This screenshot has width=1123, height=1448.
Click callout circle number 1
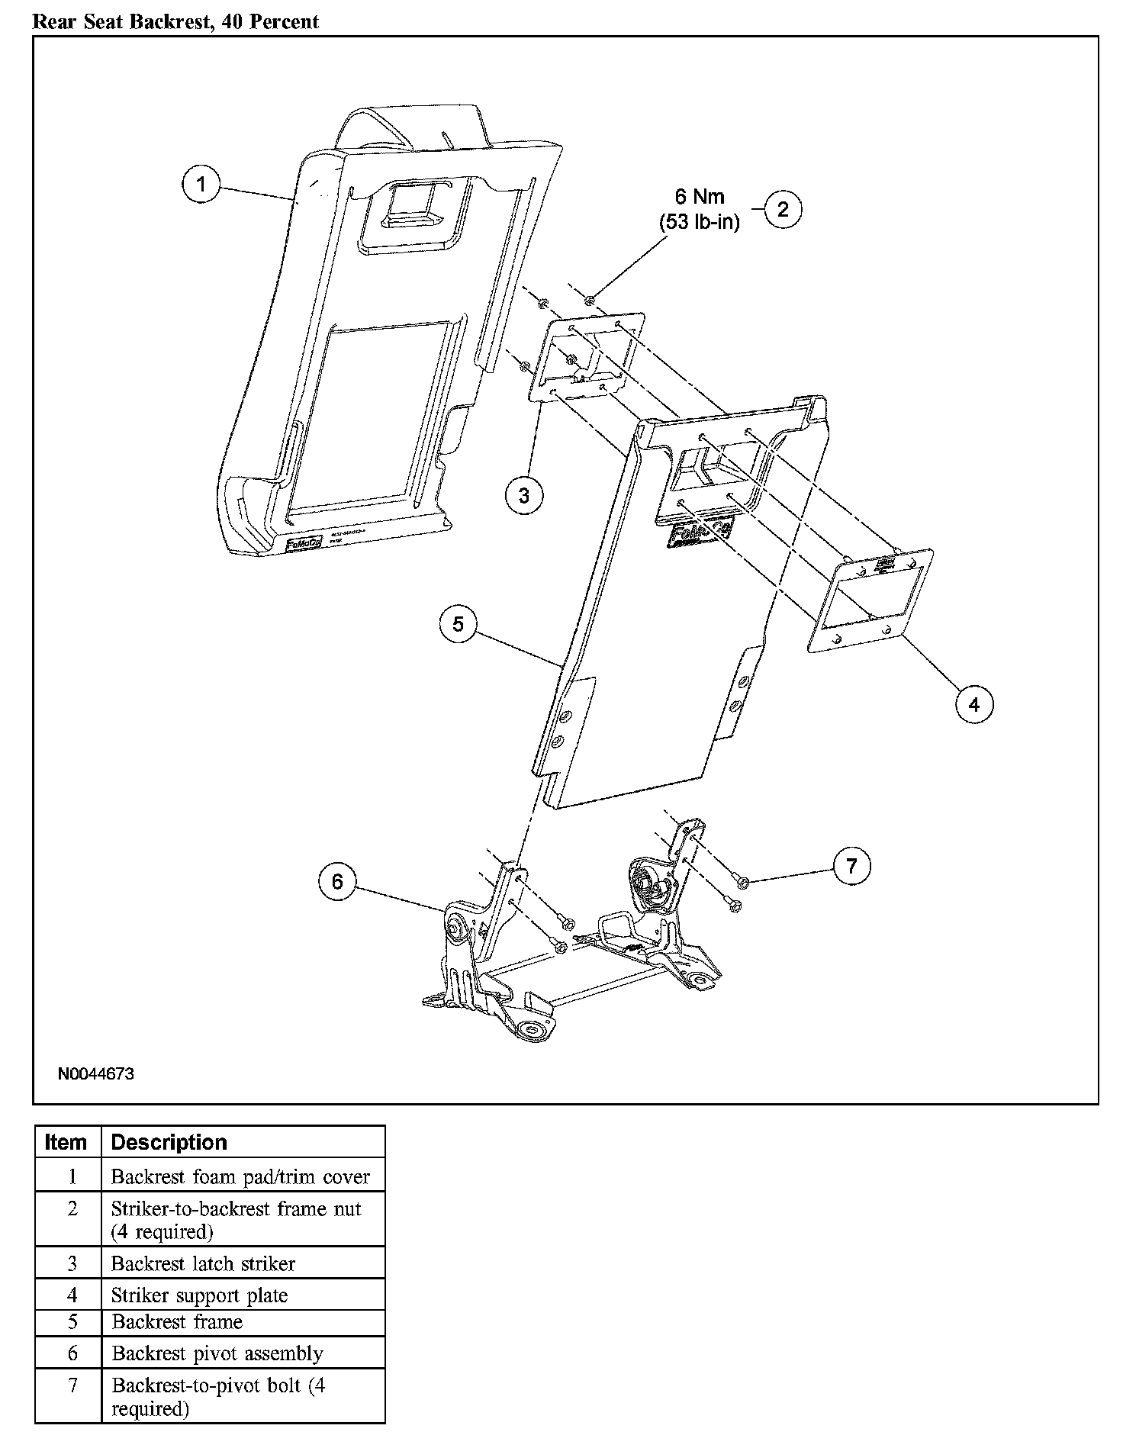[x=201, y=185]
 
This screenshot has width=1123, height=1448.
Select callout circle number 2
[x=783, y=209]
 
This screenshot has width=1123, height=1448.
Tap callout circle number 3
[x=524, y=495]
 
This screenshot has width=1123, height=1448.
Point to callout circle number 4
[x=974, y=704]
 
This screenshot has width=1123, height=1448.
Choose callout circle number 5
[x=458, y=624]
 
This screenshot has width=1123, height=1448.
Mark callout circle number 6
[x=337, y=882]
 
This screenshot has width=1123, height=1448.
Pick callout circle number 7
[x=852, y=865]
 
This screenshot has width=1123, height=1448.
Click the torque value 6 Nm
[x=700, y=197]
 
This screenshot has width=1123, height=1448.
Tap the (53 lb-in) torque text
[x=700, y=224]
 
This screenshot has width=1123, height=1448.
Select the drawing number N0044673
[x=96, y=1074]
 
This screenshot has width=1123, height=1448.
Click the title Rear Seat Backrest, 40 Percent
[x=175, y=21]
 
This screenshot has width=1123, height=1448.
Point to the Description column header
[x=169, y=1142]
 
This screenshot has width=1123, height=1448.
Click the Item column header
[x=66, y=1142]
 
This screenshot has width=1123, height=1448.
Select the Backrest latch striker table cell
[x=203, y=1263]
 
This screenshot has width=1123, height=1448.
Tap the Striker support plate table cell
[x=200, y=1295]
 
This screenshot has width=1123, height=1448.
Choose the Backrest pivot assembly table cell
[x=217, y=1353]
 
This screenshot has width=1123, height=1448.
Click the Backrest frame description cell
[x=177, y=1322]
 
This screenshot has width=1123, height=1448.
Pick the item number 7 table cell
[x=72, y=1385]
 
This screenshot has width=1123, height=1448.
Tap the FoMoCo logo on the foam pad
[x=304, y=543]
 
